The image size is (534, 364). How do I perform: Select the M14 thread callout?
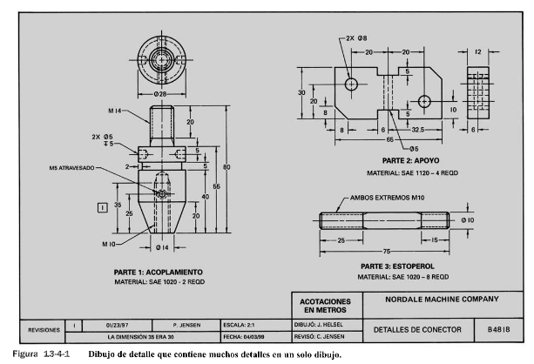(115, 111)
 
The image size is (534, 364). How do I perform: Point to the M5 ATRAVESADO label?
(71, 168)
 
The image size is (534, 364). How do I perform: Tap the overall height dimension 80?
(226, 167)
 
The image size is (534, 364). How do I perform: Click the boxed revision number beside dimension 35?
(103, 207)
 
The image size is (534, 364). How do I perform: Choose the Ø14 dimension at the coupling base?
(162, 247)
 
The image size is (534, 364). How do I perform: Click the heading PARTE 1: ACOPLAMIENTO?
(158, 272)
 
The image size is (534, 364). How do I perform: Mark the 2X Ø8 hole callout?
(356, 38)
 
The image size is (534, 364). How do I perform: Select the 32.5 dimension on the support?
(418, 130)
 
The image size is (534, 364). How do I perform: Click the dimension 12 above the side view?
(478, 51)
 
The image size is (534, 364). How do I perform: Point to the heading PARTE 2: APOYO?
(410, 160)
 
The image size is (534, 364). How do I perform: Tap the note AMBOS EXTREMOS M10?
(388, 198)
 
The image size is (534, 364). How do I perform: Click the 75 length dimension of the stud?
(387, 252)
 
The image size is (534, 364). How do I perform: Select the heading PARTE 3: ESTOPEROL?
(397, 266)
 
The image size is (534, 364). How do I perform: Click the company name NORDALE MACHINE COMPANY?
(442, 300)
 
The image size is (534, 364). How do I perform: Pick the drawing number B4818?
(498, 329)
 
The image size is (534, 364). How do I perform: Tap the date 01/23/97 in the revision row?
(117, 325)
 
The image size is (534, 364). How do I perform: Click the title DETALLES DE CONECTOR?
(417, 330)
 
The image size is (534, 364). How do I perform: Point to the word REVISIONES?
(44, 330)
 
